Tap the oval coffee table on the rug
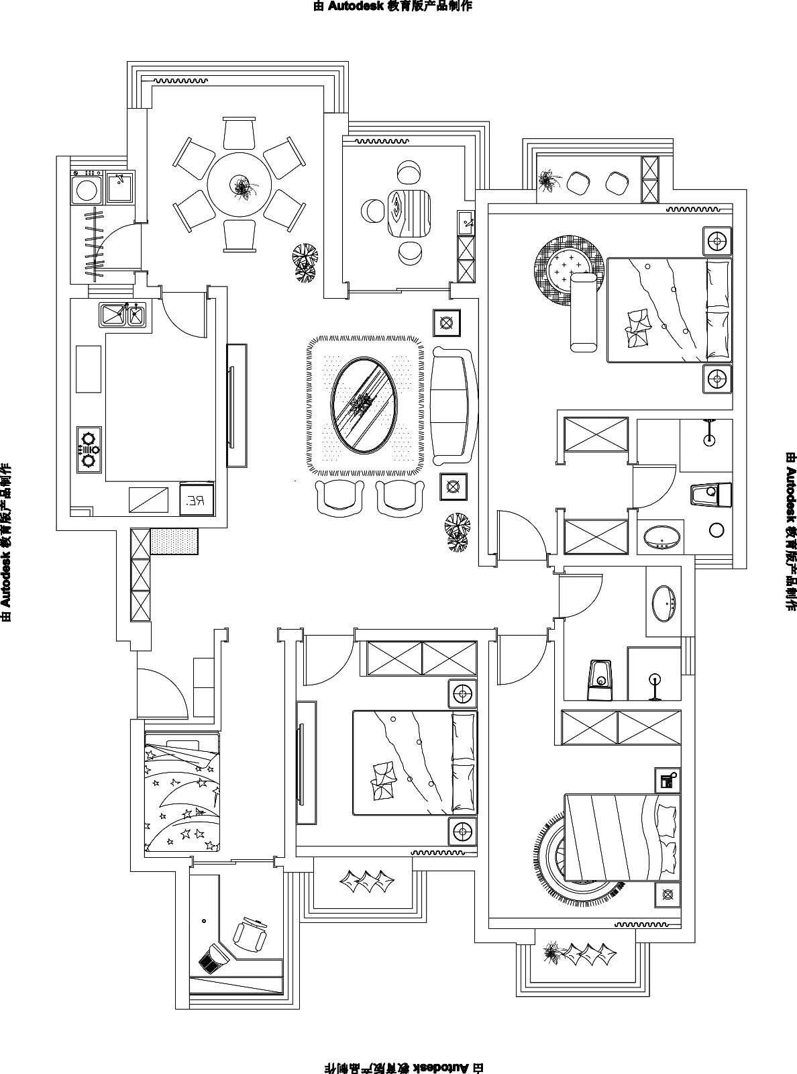(363, 405)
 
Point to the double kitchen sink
(122, 314)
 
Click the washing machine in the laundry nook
(87, 189)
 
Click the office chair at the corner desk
(250, 934)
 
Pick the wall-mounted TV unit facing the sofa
(236, 405)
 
